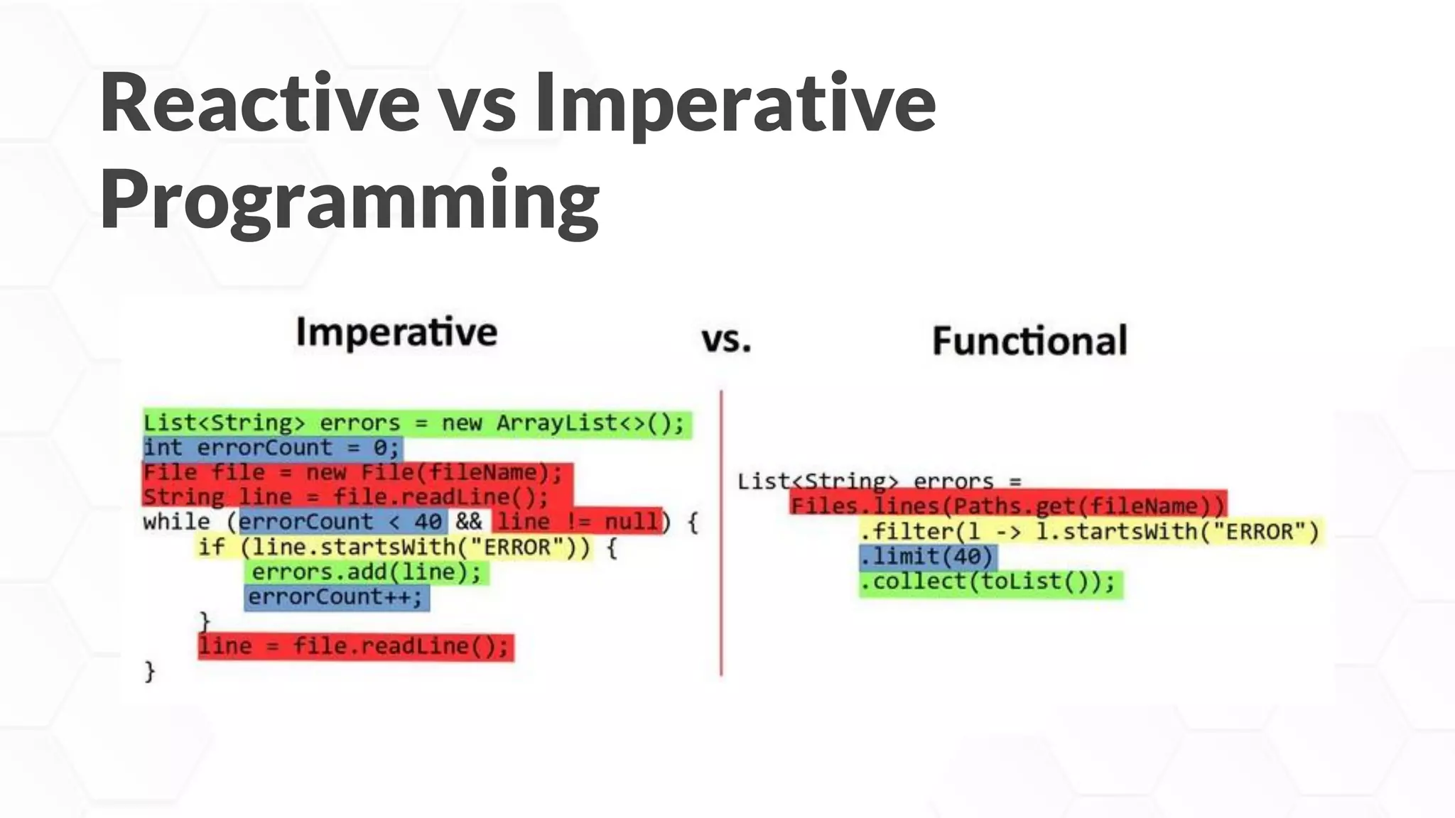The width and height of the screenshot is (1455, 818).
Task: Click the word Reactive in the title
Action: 259,103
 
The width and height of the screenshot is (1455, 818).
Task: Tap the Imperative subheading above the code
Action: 396,332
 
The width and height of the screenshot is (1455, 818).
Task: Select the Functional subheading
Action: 1029,341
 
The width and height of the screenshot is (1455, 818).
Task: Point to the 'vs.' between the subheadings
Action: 726,339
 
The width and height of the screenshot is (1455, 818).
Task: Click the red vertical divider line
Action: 721,533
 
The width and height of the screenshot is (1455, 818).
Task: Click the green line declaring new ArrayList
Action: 416,424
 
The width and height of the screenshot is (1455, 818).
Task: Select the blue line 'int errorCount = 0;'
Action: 272,448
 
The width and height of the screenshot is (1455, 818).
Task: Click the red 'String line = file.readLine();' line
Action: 347,497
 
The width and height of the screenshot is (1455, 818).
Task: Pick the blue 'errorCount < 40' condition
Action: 342,522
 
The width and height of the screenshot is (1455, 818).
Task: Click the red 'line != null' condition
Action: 577,522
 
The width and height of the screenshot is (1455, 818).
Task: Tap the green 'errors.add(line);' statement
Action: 367,572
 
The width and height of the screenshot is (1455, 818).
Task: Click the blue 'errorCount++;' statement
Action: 336,597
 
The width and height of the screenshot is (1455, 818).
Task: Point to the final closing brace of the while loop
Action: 149,671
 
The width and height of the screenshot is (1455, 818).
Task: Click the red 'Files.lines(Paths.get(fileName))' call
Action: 1007,506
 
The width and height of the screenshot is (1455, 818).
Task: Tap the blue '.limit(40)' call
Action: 928,557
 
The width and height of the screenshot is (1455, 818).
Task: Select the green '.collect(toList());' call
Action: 990,583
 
